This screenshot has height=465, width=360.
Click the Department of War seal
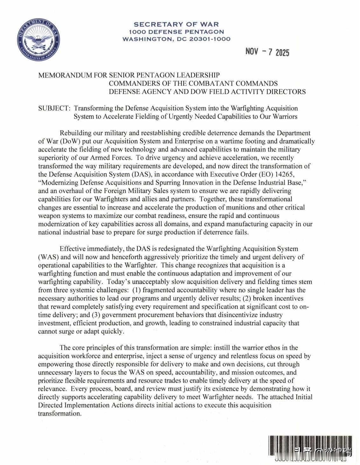(x=38, y=39)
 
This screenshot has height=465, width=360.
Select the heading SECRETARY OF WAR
(x=176, y=24)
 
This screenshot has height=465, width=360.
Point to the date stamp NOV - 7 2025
(x=267, y=52)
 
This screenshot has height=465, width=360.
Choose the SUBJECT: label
(x=54, y=108)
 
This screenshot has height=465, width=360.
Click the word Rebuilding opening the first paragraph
(x=75, y=133)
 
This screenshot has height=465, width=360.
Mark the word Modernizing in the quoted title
(x=60, y=182)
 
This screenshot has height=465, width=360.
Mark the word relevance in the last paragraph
(x=52, y=389)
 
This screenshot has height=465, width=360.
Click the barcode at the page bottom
(x=310, y=448)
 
